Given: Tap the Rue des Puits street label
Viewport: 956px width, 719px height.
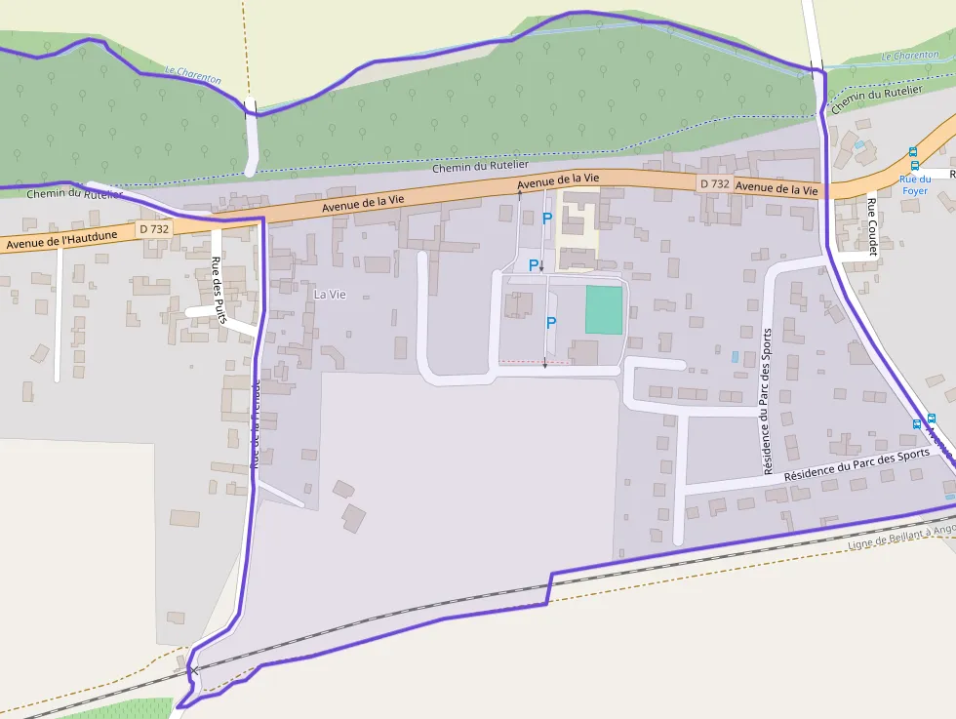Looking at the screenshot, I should click(219, 290).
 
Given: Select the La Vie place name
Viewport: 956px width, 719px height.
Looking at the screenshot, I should click(330, 294).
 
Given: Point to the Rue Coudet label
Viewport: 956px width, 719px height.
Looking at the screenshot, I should click(872, 225).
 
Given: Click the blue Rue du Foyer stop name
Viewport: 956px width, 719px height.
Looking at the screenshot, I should click(914, 184).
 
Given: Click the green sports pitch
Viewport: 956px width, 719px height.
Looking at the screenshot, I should click(604, 310).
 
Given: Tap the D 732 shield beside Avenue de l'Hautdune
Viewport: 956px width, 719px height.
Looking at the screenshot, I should click(154, 228).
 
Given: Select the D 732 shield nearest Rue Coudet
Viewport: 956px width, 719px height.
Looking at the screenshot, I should click(714, 183).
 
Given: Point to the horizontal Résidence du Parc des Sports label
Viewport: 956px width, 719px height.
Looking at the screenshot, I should click(856, 462).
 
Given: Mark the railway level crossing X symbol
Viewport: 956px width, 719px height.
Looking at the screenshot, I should click(194, 670).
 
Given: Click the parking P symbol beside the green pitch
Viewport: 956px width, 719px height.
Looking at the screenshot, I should click(551, 323).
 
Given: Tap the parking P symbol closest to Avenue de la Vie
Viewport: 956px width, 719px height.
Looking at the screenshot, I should click(546, 219).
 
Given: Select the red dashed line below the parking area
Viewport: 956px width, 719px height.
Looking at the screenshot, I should click(535, 362).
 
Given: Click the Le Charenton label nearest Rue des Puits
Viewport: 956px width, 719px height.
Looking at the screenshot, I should click(193, 74).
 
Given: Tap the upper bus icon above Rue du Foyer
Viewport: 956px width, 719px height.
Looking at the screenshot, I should click(913, 152).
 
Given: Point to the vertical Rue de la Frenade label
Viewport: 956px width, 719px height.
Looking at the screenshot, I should click(257, 424).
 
